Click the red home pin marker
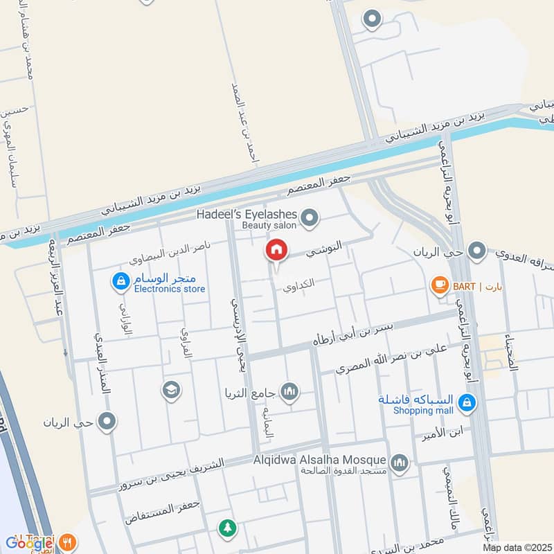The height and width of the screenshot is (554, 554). [x=276, y=249]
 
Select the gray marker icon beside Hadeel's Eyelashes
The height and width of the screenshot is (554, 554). [x=310, y=219]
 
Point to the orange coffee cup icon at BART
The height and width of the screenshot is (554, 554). [x=438, y=284]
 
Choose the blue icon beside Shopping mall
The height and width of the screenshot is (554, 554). [x=467, y=402]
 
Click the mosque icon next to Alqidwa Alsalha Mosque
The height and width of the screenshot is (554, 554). [x=399, y=461]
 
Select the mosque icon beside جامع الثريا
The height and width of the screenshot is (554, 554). [x=289, y=392]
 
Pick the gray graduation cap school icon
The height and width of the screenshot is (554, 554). [x=170, y=391]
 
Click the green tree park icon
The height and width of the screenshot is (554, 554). [x=226, y=529]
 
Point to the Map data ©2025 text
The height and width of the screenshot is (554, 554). [x=517, y=548]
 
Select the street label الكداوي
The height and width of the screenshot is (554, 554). [x=301, y=283]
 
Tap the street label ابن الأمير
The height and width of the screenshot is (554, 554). [x=441, y=437]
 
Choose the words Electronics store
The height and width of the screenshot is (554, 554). [x=170, y=289]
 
